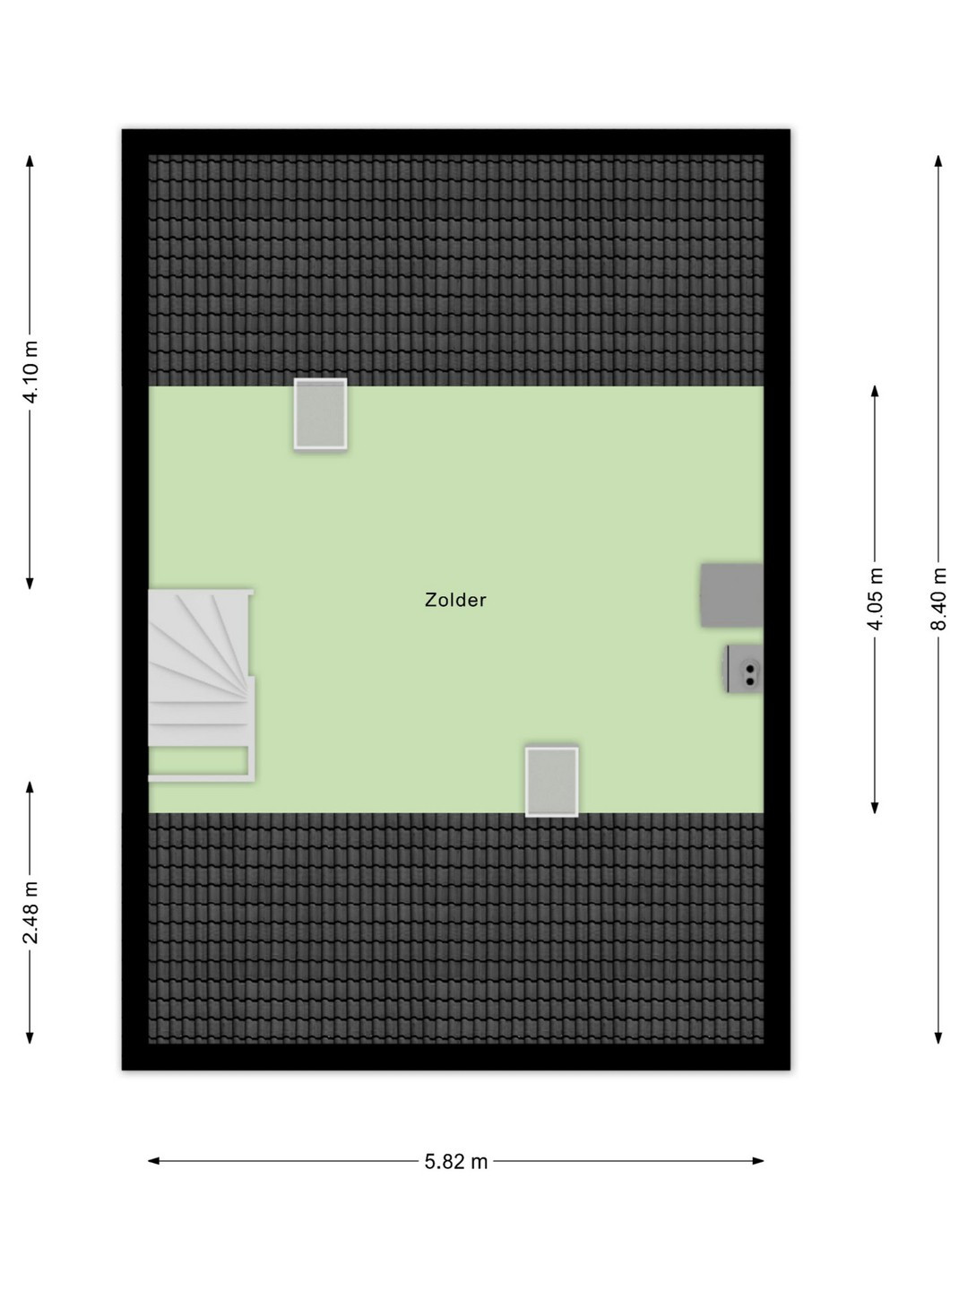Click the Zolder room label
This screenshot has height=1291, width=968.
pyautogui.click(x=455, y=600)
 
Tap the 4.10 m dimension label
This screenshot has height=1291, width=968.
pyautogui.click(x=30, y=372)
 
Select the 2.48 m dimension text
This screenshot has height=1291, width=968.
pyautogui.click(x=30, y=913)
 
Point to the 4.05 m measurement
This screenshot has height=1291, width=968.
pyautogui.click(x=875, y=599)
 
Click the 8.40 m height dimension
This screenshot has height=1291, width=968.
pyautogui.click(x=938, y=599)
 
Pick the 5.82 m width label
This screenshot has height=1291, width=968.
pyautogui.click(x=456, y=1162)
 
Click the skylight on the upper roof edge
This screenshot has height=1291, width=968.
pyautogui.click(x=320, y=414)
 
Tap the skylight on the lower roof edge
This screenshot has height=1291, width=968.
pyautogui.click(x=552, y=782)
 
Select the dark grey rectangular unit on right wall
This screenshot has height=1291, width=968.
pyautogui.click(x=731, y=595)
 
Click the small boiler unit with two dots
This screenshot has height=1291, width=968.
pyautogui.click(x=744, y=669)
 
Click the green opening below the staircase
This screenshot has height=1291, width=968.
pyautogui.click(x=197, y=760)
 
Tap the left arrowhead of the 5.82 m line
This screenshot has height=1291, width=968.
pyautogui.click(x=152, y=1161)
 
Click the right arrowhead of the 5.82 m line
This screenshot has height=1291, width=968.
pyautogui.click(x=759, y=1161)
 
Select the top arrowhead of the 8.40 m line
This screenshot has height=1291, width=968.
pyautogui.click(x=938, y=160)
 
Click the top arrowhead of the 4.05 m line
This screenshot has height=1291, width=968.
pyautogui.click(x=875, y=392)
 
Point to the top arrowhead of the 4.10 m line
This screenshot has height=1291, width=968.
pyautogui.click(x=30, y=160)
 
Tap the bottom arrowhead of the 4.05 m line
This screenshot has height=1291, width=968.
pyautogui.click(x=875, y=808)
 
